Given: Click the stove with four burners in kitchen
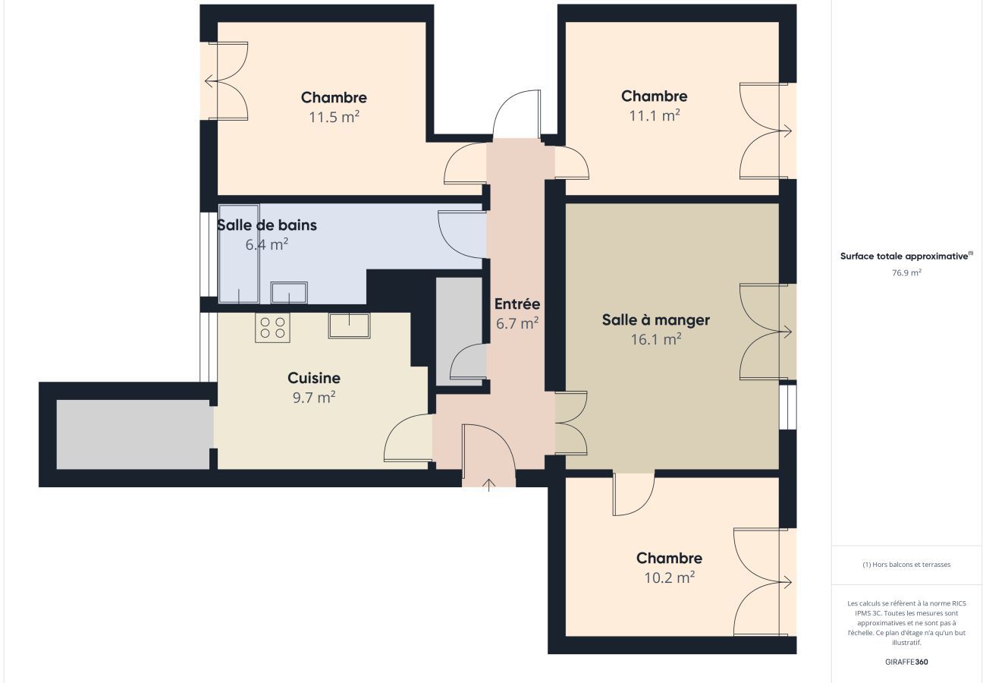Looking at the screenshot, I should (x=272, y=328).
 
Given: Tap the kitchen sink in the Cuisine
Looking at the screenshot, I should (x=349, y=325).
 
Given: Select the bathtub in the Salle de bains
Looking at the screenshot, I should (x=239, y=253).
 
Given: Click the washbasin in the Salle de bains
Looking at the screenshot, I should (x=289, y=292).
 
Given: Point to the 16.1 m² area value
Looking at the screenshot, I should (x=655, y=340).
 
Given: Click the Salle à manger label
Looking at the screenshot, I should (x=655, y=319).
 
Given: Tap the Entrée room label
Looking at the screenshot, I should (x=517, y=304).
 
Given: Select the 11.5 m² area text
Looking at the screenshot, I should (x=334, y=118).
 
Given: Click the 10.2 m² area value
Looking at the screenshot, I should (x=669, y=578).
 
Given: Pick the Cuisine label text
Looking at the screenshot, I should (x=314, y=378).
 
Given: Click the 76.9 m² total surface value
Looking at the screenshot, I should (x=906, y=272).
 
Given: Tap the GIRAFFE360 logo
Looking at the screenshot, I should (x=906, y=662).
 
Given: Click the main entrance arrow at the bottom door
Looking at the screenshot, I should (x=489, y=483).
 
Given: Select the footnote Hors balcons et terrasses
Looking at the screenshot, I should (x=906, y=565).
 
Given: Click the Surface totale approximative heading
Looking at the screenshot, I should (x=905, y=257).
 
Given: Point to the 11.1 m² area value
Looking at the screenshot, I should (x=654, y=116).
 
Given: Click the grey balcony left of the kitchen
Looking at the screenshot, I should (x=133, y=434).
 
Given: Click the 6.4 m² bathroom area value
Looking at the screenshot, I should (x=266, y=245).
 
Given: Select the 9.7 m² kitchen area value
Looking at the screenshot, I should (x=314, y=398).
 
